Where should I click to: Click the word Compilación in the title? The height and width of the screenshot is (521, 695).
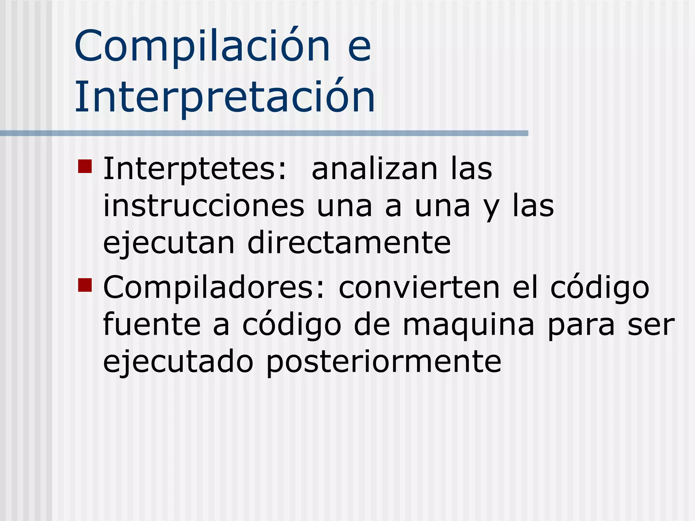tap(202, 46)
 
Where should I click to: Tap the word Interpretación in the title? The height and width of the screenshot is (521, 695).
tap(225, 97)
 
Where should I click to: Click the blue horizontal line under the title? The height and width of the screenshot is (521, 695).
tap(264, 133)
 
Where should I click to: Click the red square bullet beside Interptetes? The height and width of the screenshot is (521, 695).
tap(85, 167)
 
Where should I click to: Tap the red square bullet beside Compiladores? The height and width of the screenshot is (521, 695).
tap(85, 285)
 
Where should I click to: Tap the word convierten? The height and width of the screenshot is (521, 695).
tap(419, 288)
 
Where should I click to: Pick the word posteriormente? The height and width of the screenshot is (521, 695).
tap(383, 362)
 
